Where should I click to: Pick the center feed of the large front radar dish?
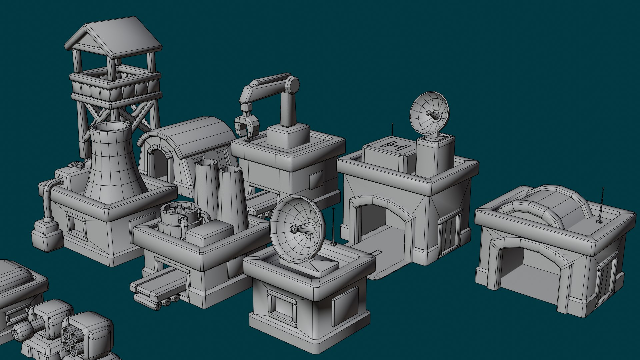(294, 229)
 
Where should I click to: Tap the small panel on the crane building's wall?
(316, 180)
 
